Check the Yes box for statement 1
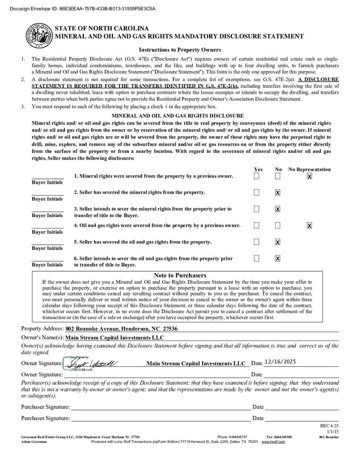pos(257,176)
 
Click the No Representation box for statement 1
pos(309,176)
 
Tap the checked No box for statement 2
pos(278,192)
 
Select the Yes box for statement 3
pos(257,209)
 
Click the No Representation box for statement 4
pos(309,225)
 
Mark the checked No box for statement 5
pos(278,242)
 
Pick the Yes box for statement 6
pos(257,258)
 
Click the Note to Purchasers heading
pos(180,275)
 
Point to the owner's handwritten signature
pos(91,363)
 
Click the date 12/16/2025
pos(280,362)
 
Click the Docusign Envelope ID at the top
pos(79,8)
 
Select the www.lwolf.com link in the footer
pos(273,441)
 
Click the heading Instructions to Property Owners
pos(180,50)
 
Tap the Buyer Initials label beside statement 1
pos(47,182)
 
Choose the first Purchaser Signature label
pos(46,407)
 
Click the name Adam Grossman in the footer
pos(34,441)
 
